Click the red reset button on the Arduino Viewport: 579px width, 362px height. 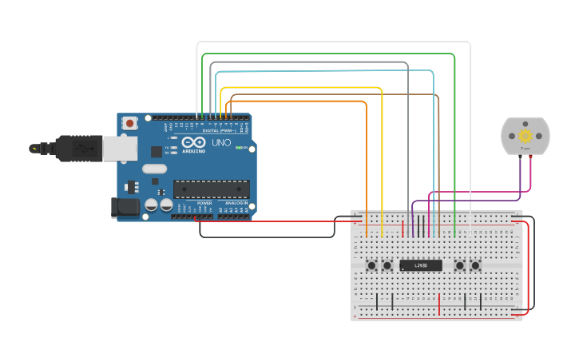129,123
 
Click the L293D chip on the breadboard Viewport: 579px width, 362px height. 421,265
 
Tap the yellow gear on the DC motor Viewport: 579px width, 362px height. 525,136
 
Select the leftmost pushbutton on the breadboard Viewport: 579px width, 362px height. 371,265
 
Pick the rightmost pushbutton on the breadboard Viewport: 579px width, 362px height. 476,265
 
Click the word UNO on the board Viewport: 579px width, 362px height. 221,143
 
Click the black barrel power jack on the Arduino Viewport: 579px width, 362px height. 125,208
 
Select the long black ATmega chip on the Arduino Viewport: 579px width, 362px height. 212,189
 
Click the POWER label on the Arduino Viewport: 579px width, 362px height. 204,204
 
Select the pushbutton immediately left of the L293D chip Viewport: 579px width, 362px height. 387,265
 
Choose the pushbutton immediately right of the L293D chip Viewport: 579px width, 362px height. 459,265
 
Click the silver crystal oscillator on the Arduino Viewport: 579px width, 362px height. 155,169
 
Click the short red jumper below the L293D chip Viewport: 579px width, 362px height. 439,304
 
